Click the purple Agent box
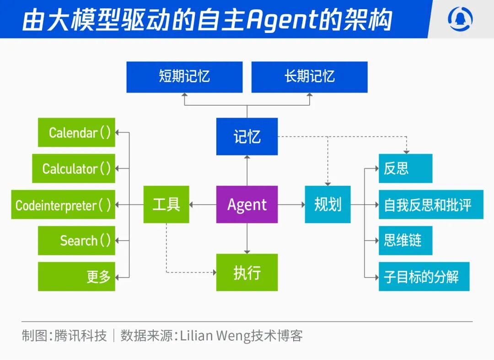point(247,204)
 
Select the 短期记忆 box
point(184,77)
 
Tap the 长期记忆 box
point(310,77)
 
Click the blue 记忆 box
point(247,136)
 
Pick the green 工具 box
point(166,204)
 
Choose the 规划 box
point(328,204)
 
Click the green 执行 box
point(247,272)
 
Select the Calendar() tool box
point(76,133)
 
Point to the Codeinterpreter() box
point(63,204)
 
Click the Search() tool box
point(76,240)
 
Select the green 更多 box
point(76,276)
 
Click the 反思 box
point(405,168)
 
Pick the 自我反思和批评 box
point(431,204)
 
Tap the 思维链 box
point(405,240)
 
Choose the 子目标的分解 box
point(424,276)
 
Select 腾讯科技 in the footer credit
point(81,336)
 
